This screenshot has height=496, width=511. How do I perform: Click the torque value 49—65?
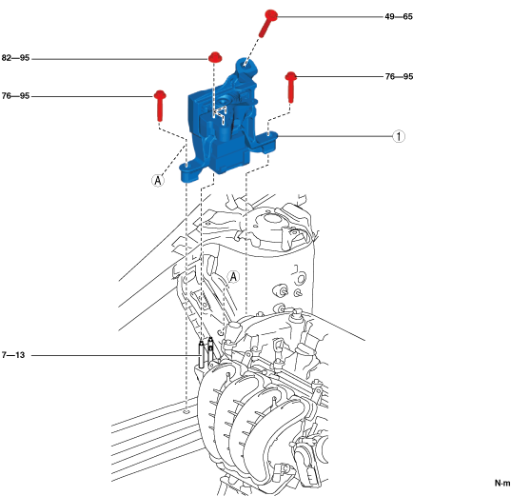click(x=399, y=16)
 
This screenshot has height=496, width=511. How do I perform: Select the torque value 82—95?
click(x=15, y=58)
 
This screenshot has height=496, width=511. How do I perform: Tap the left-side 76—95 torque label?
click(x=15, y=96)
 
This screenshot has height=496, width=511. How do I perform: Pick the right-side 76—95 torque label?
click(x=399, y=76)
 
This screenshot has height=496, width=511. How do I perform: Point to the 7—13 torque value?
click(x=13, y=355)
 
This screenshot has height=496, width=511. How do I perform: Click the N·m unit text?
click(x=502, y=483)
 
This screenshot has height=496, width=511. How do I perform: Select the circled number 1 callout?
click(x=399, y=136)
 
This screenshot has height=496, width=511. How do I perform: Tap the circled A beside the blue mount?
click(x=158, y=180)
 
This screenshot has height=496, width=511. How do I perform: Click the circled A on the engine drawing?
click(x=233, y=277)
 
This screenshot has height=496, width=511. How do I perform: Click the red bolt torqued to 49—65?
click(x=267, y=23)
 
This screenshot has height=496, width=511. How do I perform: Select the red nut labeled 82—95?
click(x=215, y=57)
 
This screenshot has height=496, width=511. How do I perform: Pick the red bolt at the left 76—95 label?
click(x=160, y=105)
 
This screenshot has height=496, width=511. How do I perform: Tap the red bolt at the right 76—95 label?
click(x=290, y=87)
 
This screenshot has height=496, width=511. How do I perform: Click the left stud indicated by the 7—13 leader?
click(x=202, y=355)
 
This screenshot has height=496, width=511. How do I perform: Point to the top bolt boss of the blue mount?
click(x=246, y=66)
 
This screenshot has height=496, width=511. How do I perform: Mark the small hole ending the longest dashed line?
click(x=187, y=412)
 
